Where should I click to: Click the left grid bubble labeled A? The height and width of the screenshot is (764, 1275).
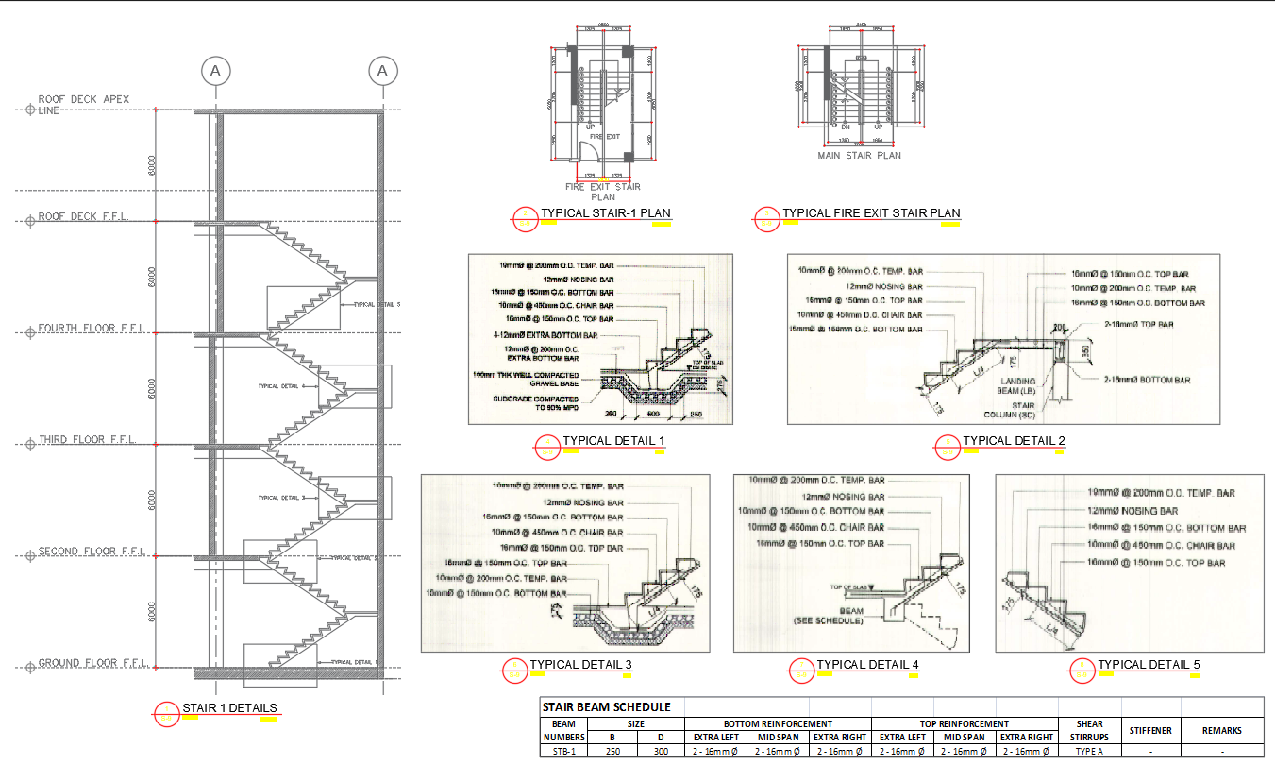216,71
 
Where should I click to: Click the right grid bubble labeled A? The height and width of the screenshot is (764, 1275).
382,71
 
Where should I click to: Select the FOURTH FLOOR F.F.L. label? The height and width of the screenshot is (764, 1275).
91,329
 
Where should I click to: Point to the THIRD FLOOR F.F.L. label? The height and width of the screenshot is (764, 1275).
87,440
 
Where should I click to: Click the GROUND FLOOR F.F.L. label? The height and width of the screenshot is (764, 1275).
92,663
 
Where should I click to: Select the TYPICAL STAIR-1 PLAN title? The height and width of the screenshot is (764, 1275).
605,213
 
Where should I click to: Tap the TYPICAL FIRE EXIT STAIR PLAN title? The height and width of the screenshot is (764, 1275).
871,213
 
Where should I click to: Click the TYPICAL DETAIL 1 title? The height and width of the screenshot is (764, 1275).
614,441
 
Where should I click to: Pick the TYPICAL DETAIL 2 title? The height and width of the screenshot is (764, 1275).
1014,441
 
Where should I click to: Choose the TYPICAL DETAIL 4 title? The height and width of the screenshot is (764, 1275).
867,665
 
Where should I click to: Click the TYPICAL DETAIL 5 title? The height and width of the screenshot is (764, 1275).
1149,665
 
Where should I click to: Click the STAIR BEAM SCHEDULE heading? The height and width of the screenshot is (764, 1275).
606,706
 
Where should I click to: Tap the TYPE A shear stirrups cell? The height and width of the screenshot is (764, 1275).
1088,752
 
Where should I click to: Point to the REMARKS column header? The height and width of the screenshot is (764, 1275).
1221,730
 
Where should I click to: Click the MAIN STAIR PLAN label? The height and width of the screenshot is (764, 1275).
859,156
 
